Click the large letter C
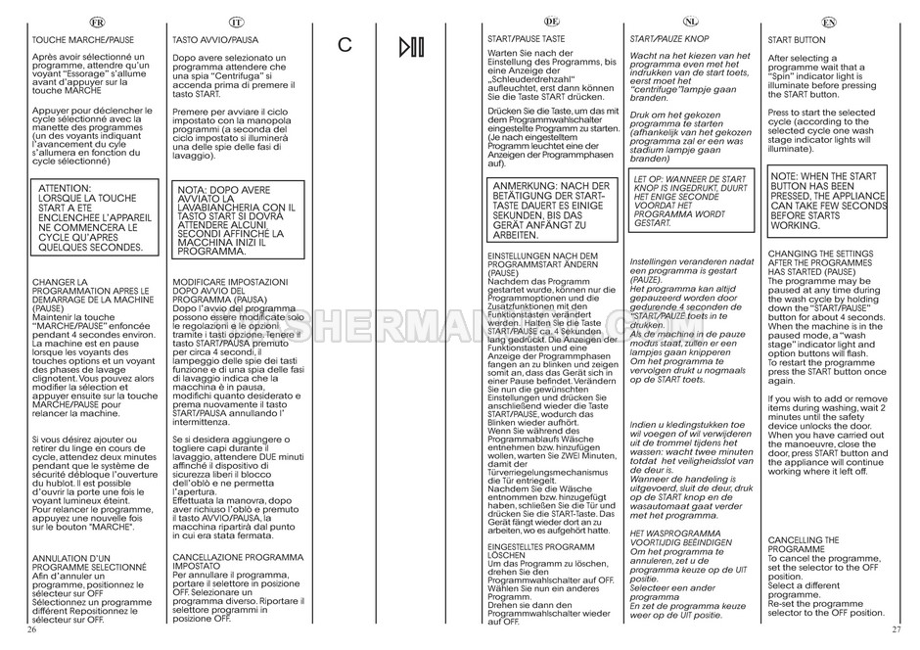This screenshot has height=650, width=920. tap(345, 45)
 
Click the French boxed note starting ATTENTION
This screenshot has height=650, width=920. tap(92, 215)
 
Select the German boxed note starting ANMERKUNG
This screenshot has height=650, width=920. tap(552, 210)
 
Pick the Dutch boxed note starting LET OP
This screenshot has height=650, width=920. tap(689, 202)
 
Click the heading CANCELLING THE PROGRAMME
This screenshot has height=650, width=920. tap(805, 544)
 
